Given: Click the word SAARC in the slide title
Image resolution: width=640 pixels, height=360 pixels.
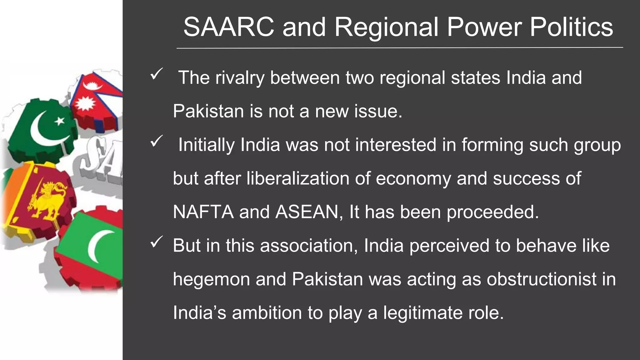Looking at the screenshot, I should click(x=228, y=27).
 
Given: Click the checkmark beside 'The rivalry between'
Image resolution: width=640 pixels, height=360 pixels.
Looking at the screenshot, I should click(x=156, y=74).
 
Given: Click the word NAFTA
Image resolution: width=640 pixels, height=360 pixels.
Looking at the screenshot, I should click(x=203, y=212).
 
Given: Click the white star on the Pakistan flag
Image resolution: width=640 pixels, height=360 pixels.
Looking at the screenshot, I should click(x=60, y=121).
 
